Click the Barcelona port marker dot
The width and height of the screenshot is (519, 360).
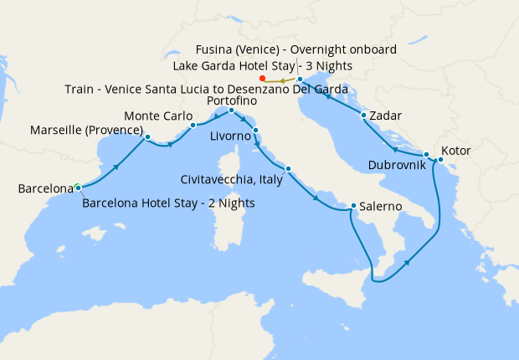[x=77, y=187]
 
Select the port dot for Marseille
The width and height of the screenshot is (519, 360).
[x=147, y=136]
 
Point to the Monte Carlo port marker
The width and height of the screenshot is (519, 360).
[x=193, y=126]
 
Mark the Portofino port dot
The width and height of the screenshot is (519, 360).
[x=231, y=110]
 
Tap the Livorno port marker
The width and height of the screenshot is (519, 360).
[x=255, y=130]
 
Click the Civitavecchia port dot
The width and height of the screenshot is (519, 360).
[x=288, y=169]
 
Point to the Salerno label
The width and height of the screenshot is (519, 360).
[x=383, y=206]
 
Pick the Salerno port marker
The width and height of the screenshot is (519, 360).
[x=354, y=205]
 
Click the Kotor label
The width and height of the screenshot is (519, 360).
[x=456, y=151]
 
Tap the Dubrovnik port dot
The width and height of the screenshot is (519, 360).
[x=427, y=155]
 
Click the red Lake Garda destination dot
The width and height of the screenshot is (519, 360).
[x=263, y=80]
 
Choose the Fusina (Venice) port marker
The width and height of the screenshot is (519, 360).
[x=300, y=80]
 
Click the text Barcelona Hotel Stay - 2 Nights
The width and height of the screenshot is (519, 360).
[x=168, y=203]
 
